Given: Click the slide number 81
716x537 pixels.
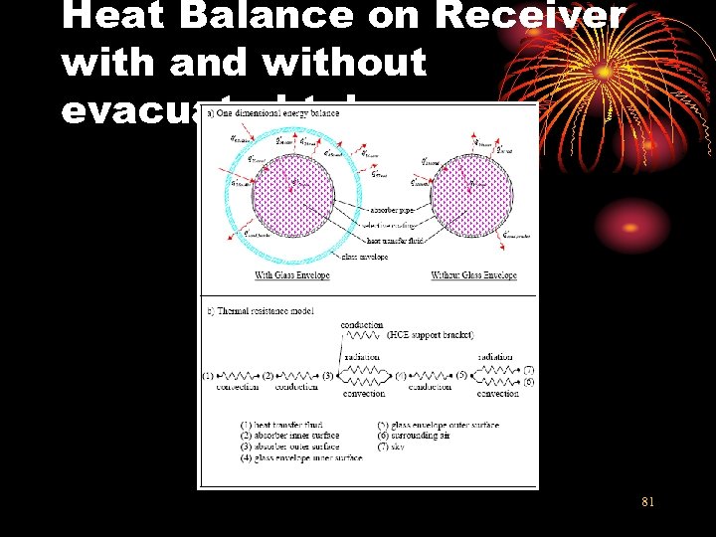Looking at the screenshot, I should click(x=647, y=502).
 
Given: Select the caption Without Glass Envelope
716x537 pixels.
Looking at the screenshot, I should click(x=473, y=275).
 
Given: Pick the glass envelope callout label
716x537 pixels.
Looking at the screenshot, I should click(x=365, y=257).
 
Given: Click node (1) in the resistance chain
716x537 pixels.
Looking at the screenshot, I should click(x=209, y=377).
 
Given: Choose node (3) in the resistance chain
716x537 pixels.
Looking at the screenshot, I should click(x=327, y=377).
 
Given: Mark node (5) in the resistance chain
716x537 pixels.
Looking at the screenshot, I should click(x=461, y=377).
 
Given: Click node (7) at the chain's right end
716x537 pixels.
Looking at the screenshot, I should click(x=529, y=370).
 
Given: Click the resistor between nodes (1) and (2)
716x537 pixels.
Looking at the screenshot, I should click(x=237, y=377).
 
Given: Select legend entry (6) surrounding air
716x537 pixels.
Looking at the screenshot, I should click(x=431, y=436).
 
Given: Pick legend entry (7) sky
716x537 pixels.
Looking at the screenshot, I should click(x=408, y=447).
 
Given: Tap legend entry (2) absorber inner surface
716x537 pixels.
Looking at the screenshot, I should click(x=288, y=436).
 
